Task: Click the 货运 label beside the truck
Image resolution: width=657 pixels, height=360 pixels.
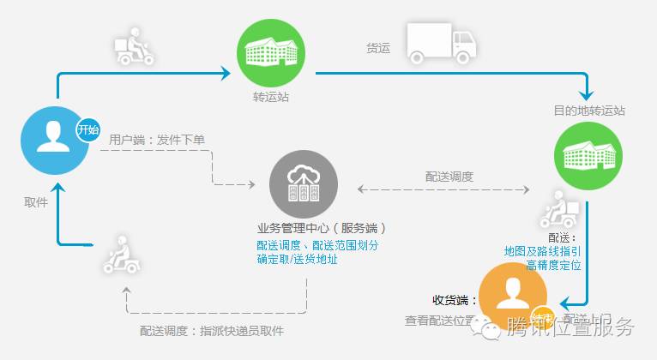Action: tap(378, 49)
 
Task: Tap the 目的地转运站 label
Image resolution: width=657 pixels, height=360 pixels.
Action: tap(589, 111)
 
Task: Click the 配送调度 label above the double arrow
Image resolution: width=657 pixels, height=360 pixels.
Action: tap(449, 177)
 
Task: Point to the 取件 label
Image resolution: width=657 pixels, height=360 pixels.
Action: tap(36, 202)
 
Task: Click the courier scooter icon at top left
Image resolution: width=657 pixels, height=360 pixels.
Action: tap(134, 49)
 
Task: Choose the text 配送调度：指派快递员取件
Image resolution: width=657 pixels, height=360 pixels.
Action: tap(211, 331)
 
